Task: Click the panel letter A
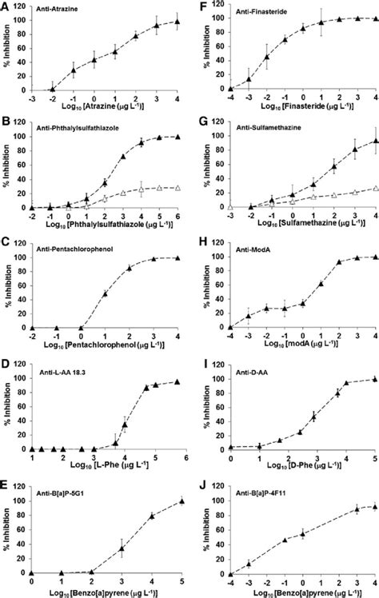6,7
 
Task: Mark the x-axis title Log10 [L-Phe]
106,464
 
